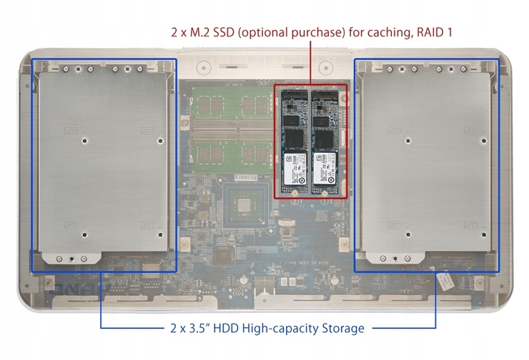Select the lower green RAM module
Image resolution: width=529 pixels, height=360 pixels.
coord(224,151)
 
